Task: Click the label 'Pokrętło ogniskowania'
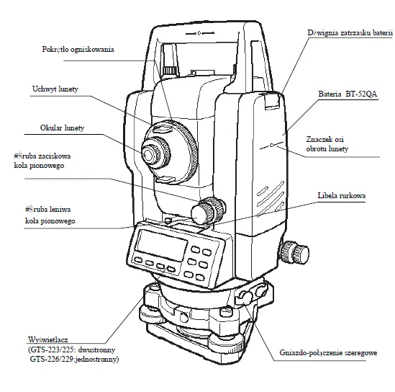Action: pos(82,49)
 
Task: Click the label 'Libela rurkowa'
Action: pos(344,196)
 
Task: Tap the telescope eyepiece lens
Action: pos(150,153)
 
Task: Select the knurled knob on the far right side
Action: pos(294,253)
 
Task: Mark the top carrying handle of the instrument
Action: pos(201,29)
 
